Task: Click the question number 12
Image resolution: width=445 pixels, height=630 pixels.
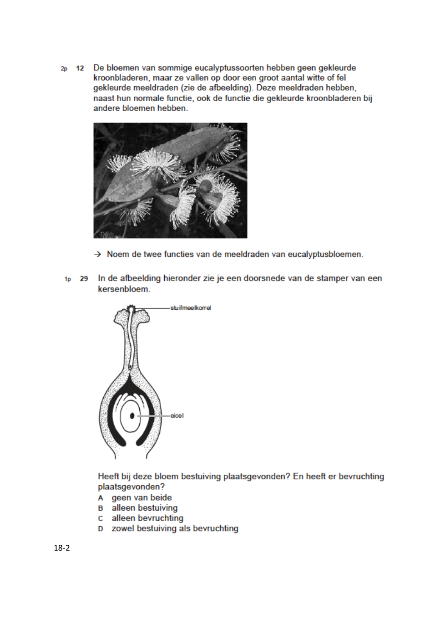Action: [80, 68]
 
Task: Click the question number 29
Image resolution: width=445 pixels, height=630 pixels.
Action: [84, 278]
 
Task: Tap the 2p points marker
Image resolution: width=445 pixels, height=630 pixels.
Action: [64, 69]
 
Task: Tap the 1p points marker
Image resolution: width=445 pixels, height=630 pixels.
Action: [68, 279]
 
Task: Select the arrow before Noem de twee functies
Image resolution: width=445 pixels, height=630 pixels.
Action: [97, 254]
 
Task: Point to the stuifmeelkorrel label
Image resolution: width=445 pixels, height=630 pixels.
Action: [191, 308]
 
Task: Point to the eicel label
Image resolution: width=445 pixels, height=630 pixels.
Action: [177, 415]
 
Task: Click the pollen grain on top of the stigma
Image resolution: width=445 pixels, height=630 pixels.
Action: [131, 308]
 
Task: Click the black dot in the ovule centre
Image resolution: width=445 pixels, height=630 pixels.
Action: [132, 415]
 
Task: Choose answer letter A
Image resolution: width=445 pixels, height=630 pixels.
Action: [101, 498]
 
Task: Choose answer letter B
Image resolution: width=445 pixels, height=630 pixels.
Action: [101, 508]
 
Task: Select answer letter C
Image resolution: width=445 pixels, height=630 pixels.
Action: [101, 518]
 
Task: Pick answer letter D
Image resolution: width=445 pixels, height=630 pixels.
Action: [101, 529]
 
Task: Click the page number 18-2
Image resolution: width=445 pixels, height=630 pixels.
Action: [62, 548]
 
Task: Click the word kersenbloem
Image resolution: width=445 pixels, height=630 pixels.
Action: [124, 289]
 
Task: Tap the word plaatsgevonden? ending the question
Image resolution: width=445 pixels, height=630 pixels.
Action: [131, 487]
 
